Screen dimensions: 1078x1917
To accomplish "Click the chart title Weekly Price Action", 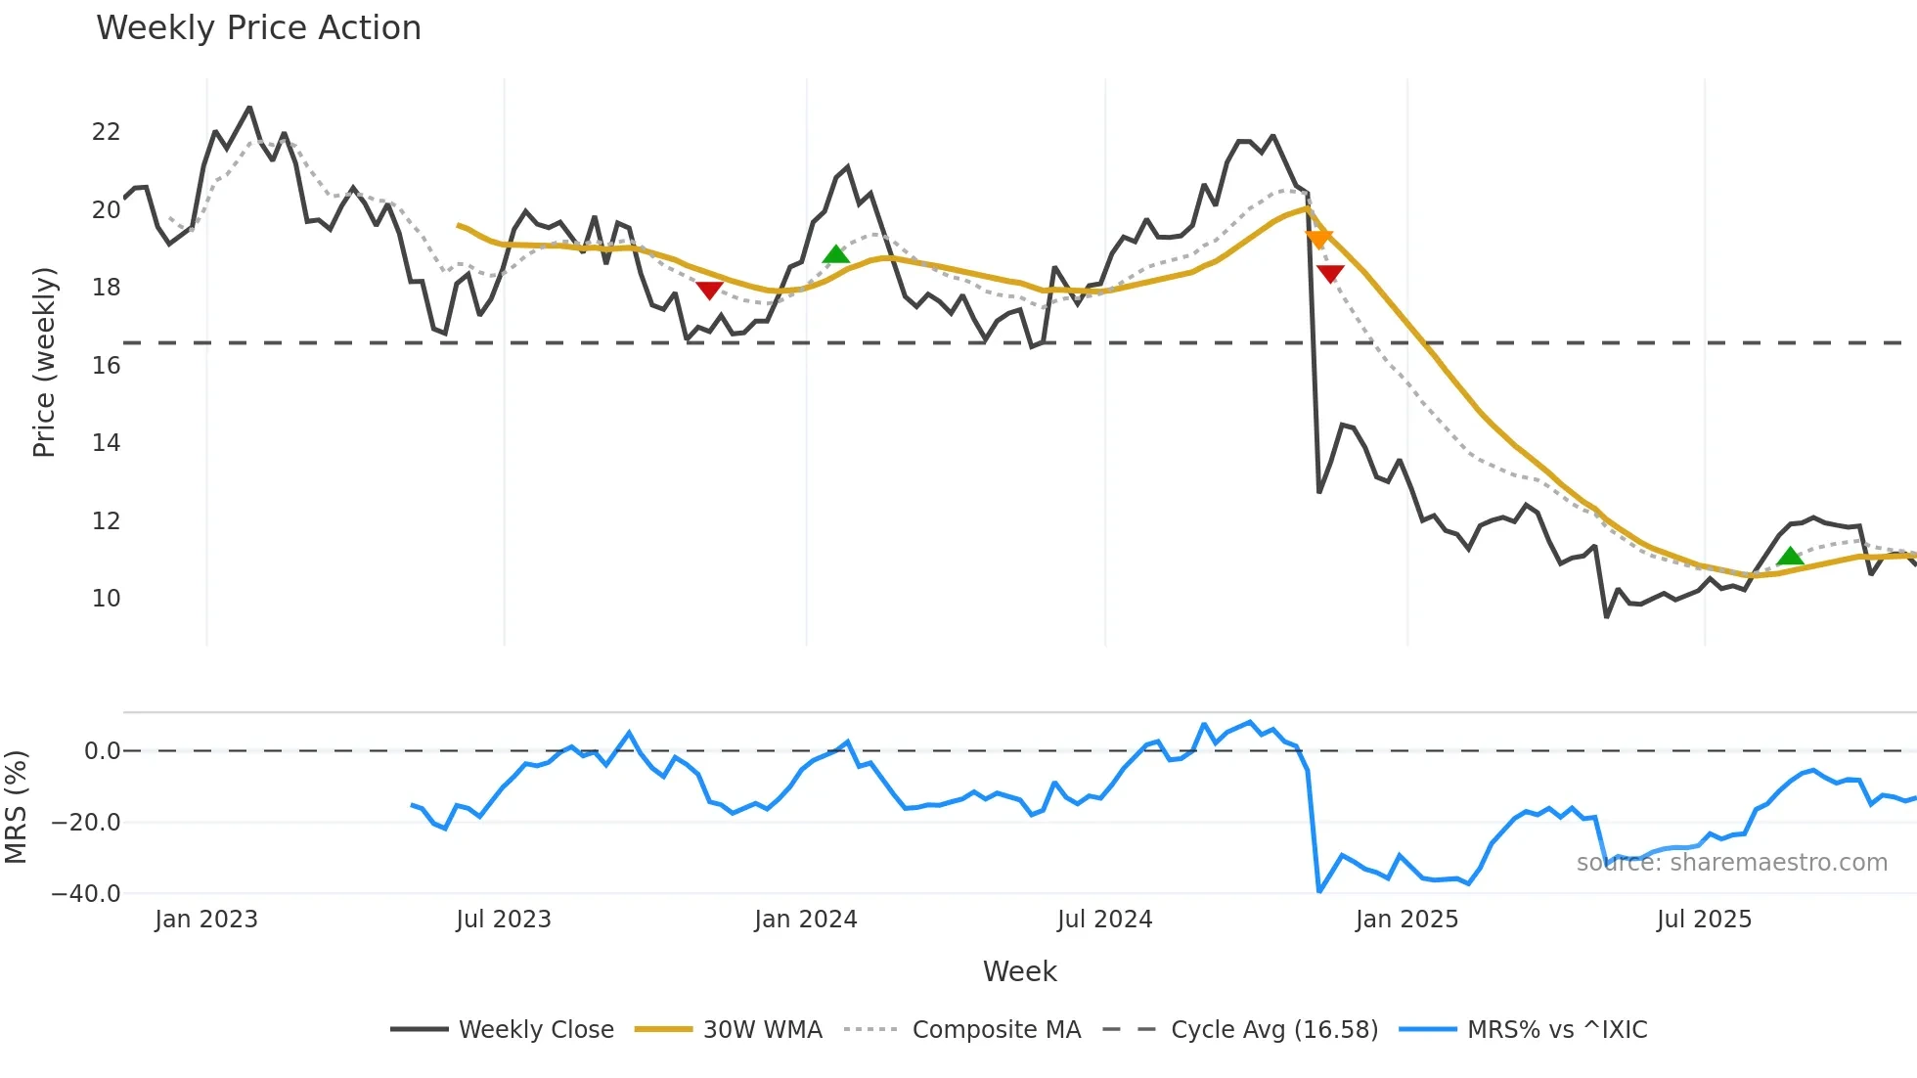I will tap(258, 28).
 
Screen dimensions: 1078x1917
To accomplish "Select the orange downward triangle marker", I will tap(1318, 239).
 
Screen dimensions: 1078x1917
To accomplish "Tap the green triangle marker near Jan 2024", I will tap(836, 255).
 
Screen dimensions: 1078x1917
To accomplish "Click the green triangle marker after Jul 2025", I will tap(1790, 557).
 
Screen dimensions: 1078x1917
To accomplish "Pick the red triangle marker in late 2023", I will tap(709, 290).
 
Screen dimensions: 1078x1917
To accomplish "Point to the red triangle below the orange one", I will tap(1330, 274).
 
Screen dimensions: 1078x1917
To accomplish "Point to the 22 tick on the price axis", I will tap(106, 132).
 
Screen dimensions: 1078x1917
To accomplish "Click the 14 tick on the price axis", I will tap(106, 443).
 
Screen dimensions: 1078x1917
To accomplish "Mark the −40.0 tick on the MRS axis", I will tap(86, 894).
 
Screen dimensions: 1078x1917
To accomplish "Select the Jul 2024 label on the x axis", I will tap(1104, 920).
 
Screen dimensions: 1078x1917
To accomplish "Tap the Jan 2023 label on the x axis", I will tap(206, 920).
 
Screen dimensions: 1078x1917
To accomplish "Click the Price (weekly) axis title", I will tap(44, 362).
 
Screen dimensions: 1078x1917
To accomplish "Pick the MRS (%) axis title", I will tap(16, 807).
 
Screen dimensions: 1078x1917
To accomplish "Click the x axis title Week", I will tap(1019, 971).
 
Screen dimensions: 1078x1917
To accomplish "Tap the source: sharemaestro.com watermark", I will tap(1731, 863).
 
